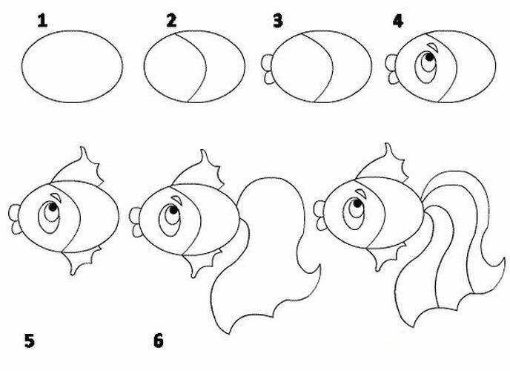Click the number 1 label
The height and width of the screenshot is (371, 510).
click(x=42, y=22)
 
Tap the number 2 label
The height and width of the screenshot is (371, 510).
click(x=171, y=21)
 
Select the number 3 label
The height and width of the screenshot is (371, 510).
click(x=278, y=22)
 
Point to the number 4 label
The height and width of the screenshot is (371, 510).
click(x=398, y=22)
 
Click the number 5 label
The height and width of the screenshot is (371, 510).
click(x=29, y=341)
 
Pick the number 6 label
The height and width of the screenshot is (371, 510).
click(x=158, y=341)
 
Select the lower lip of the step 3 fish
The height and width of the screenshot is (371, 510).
click(x=269, y=78)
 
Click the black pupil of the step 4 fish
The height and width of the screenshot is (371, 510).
click(x=429, y=57)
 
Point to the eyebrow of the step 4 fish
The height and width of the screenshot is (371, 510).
click(x=432, y=47)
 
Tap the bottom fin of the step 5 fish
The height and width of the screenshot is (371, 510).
click(x=81, y=260)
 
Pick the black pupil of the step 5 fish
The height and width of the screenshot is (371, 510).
click(x=53, y=207)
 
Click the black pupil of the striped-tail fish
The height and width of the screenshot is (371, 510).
click(x=357, y=204)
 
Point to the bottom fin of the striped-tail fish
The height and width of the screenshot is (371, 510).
click(x=385, y=257)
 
